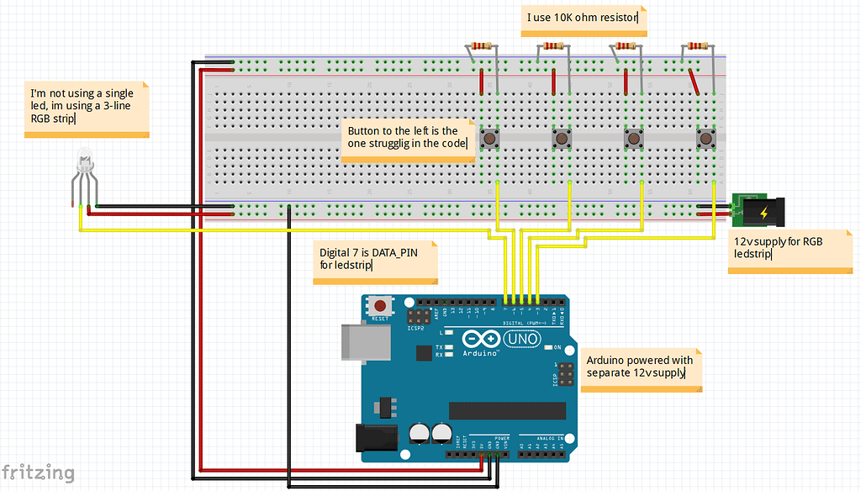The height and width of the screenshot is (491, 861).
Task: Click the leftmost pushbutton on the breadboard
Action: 489,138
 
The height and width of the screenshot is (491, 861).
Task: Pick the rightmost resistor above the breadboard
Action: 696,46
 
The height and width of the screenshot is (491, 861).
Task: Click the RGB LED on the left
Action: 83,164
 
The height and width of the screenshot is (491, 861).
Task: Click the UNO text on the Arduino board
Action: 525,338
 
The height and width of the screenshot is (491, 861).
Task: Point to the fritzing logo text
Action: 37,473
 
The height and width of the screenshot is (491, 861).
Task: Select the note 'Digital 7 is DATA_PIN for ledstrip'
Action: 375,261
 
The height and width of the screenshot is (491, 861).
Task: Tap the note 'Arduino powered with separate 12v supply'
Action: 642,367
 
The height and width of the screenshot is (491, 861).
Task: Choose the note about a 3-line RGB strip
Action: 87,108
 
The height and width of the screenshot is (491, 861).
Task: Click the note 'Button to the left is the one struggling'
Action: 409,139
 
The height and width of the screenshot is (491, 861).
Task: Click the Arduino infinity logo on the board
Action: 480,339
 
